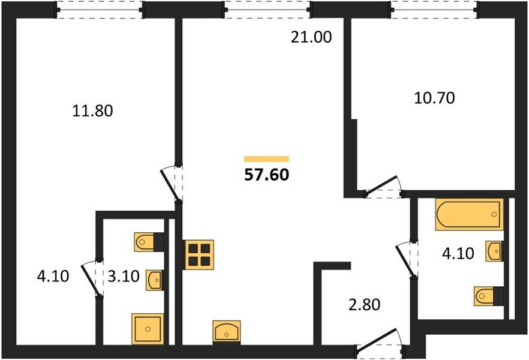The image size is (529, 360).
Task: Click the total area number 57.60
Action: pos(266,175)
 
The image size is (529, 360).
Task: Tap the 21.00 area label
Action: pos(311,37)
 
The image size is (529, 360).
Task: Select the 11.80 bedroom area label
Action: pos(92,110)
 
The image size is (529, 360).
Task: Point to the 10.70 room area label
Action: pos(434,98)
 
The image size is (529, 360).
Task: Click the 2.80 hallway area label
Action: pos(365,304)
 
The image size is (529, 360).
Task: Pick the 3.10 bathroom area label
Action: pos(124,277)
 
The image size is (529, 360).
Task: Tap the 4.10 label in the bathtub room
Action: pos(458,253)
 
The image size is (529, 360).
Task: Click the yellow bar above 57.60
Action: pos(266,159)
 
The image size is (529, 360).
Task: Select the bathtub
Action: pos(469,214)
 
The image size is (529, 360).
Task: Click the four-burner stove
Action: pos(199,255)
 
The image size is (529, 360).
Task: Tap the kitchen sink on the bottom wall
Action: pos(227,332)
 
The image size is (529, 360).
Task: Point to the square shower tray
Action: pos(148,329)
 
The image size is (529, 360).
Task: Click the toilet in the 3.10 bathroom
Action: pos(149,242)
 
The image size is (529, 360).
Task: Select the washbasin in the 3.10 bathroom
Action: pos(155,280)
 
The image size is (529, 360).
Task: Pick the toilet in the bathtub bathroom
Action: pos(488,296)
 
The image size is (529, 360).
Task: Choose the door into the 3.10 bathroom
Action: pos(91,278)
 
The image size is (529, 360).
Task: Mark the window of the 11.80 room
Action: pos(100,10)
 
